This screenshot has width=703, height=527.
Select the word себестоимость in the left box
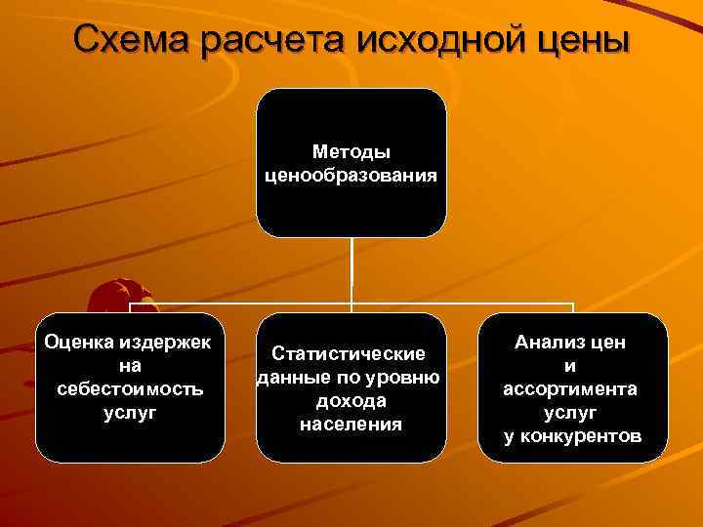pos(129,388)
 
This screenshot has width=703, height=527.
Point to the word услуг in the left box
pos(129,411)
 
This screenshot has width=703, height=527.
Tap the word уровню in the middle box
pos(405,377)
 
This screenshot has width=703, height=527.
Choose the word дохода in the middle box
pos(351,400)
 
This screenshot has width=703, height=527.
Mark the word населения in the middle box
pos(351,424)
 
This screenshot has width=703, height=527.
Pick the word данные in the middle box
pos(290,377)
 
